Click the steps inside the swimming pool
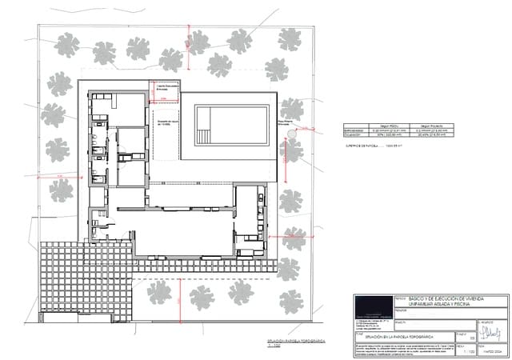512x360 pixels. point(207,122)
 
